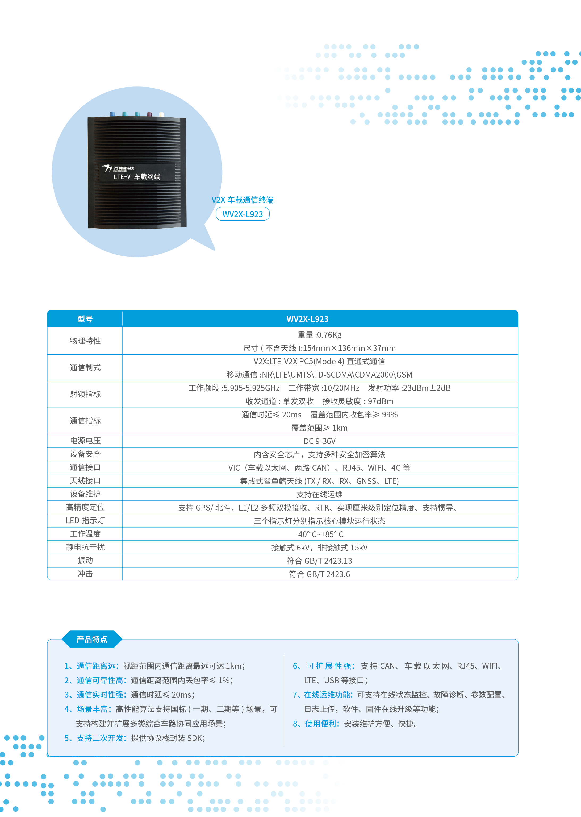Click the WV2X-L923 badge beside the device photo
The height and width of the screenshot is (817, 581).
click(242, 214)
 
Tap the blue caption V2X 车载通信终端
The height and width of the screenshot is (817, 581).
click(242, 200)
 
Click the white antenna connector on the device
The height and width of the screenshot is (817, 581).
click(161, 114)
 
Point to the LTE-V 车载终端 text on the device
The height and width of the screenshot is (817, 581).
click(137, 176)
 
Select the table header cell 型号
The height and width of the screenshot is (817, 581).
click(85, 319)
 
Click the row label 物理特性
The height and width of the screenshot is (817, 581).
click(85, 341)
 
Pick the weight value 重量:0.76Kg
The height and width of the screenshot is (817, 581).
click(319, 335)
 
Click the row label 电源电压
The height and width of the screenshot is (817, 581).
click(85, 441)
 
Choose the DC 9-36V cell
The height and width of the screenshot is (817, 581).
click(319, 441)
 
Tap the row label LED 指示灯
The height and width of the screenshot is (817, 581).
click(85, 520)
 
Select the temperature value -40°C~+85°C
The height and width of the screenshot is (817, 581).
click(319, 534)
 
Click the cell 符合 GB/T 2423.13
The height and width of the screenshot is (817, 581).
click(319, 561)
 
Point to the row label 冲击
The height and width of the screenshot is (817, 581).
click(85, 574)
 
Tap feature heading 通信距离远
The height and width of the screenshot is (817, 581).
click(96, 666)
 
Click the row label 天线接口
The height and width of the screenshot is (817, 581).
click(85, 481)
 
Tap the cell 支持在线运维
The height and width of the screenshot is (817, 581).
click(319, 494)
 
